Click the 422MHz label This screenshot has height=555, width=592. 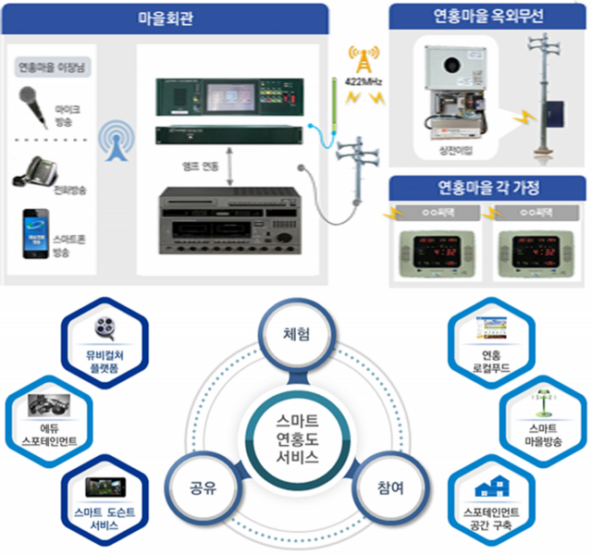[x=364, y=82]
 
